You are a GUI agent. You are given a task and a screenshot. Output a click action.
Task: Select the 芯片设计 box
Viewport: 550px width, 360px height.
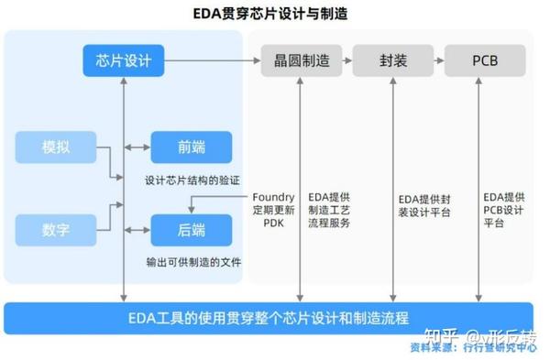click(x=124, y=61)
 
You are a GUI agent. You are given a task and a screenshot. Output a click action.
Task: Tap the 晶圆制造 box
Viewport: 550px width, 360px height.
click(x=301, y=61)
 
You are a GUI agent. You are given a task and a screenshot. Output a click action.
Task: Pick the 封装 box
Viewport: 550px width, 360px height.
click(x=392, y=61)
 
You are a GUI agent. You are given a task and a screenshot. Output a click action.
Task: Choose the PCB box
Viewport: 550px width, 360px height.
click(x=485, y=61)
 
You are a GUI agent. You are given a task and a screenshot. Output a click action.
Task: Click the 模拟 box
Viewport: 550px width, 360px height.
click(x=56, y=147)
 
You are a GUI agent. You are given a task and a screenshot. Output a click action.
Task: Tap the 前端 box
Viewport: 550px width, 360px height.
click(x=191, y=147)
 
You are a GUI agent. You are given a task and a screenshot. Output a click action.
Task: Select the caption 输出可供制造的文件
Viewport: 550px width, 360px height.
click(x=192, y=262)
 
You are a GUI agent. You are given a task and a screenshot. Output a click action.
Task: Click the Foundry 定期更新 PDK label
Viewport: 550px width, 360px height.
click(x=273, y=210)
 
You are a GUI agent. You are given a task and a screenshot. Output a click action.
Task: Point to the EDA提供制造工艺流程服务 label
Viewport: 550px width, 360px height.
click(x=329, y=210)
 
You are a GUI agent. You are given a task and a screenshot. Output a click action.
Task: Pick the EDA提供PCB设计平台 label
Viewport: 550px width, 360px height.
click(x=505, y=210)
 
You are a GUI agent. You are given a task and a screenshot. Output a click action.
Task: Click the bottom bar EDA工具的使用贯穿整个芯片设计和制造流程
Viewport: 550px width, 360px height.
click(x=269, y=317)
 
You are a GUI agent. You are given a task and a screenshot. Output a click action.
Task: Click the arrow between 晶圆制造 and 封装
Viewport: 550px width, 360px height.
click(x=346, y=61)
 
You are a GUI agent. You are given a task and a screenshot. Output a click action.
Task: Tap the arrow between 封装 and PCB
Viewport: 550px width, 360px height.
click(x=438, y=61)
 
